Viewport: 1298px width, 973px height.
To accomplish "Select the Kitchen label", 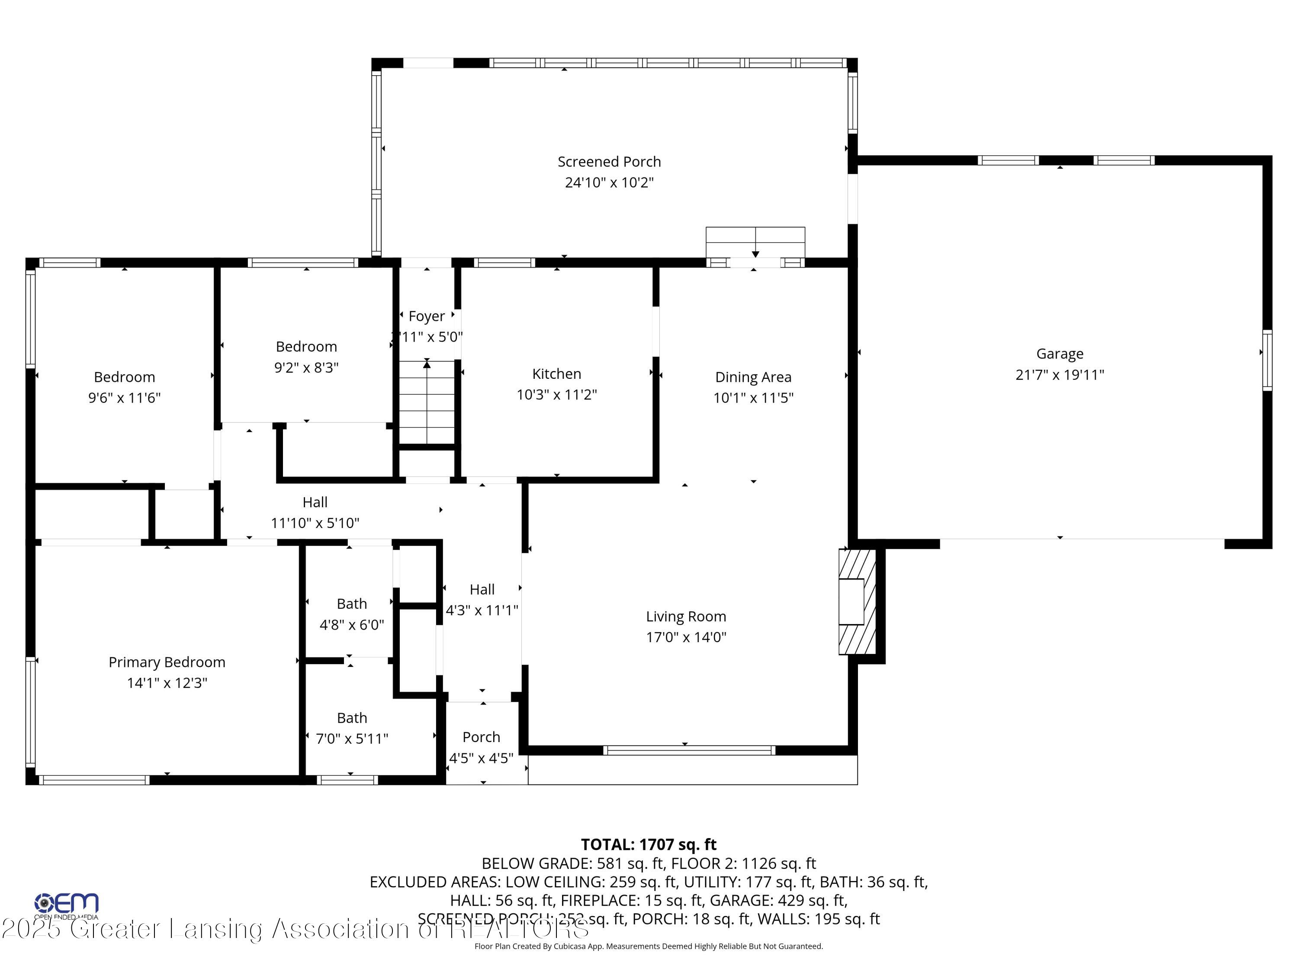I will click(556, 374).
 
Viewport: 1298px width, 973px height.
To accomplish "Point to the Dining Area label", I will click(753, 377).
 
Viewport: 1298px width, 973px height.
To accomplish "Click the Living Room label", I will click(685, 616).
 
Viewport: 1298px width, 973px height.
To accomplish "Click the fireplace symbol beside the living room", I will click(856, 601).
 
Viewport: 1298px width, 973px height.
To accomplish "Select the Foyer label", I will click(426, 316).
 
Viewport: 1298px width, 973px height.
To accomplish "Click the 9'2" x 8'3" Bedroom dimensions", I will click(306, 368).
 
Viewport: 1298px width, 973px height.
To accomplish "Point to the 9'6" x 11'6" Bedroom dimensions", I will click(125, 398).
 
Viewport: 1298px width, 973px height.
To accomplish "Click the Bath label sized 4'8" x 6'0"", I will click(351, 604).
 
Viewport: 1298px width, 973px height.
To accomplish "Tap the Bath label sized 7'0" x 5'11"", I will click(351, 718).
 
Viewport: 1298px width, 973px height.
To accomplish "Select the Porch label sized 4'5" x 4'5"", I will click(481, 737).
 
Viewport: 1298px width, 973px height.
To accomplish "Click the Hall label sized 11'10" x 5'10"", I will click(315, 503).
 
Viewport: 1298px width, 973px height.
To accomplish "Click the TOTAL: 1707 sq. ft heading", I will click(649, 845).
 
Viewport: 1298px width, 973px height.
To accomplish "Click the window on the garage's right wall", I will click(1267, 360).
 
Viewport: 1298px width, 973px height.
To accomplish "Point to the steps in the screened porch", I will click(755, 242).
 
